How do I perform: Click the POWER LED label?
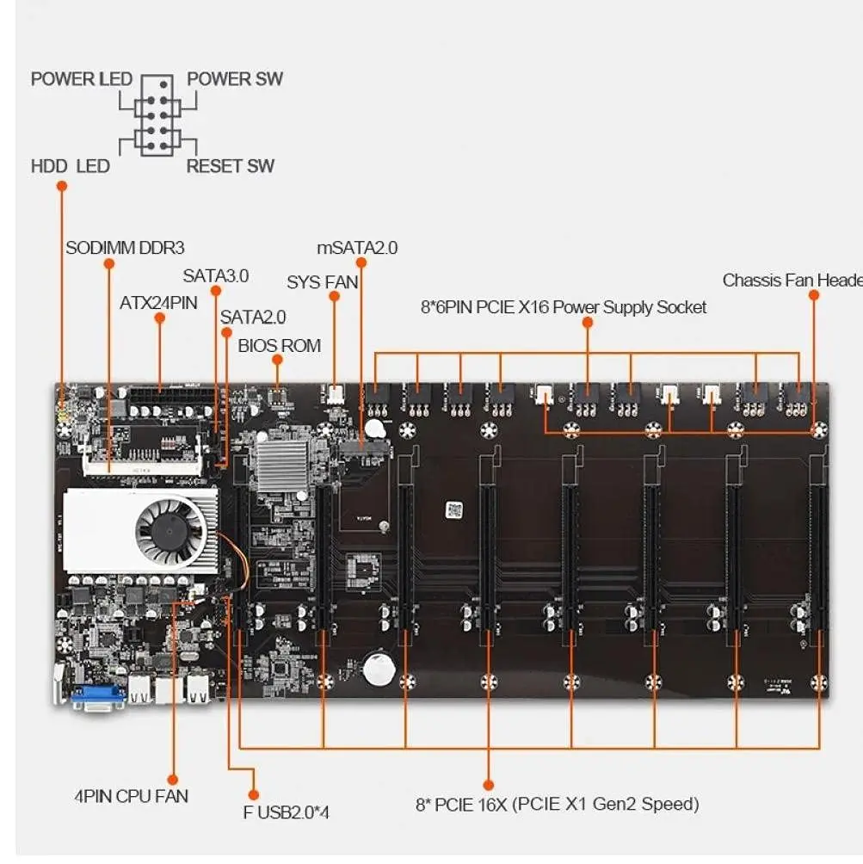coord(82,79)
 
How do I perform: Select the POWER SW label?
coord(235,79)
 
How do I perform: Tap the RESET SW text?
coord(231,165)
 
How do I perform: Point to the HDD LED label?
coord(70,165)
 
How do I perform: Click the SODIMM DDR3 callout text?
coord(126,248)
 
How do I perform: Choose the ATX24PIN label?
coord(158,302)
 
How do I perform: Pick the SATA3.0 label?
coord(215,276)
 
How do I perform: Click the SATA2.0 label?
coord(253,317)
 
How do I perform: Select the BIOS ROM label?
coord(279,346)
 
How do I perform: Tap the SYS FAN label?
coord(323,281)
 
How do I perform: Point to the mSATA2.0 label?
coord(357,248)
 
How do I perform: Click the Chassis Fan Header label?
coord(792,281)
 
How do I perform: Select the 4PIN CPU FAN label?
coord(131,796)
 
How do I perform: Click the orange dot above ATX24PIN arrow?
coord(159,318)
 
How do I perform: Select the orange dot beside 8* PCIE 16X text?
coord(488,785)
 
